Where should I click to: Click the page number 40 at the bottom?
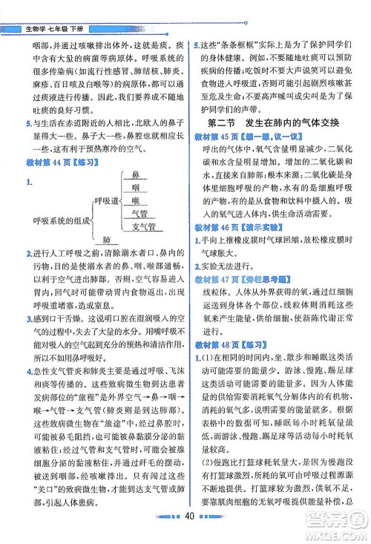[x=189, y=537]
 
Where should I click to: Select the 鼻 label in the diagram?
[x=135, y=174]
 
